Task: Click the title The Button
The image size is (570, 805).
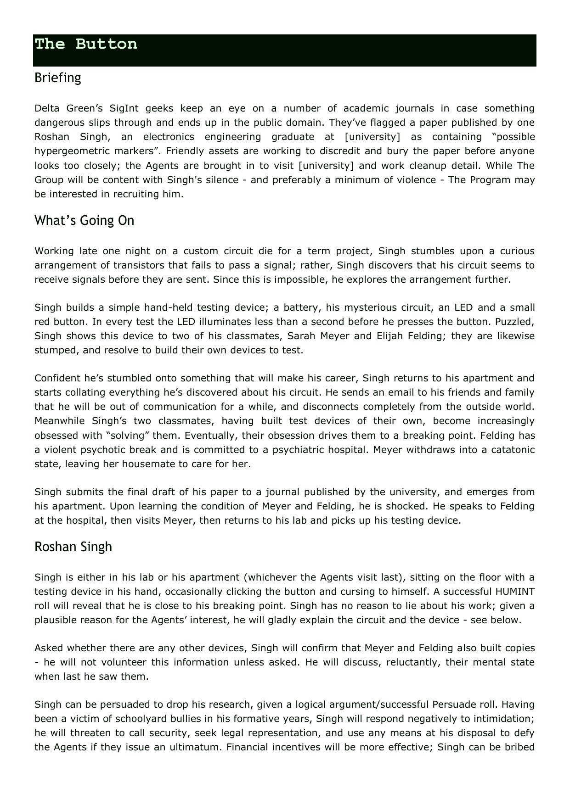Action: click(x=86, y=44)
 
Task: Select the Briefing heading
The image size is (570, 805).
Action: click(x=57, y=78)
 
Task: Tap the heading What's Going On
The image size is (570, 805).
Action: click(x=84, y=221)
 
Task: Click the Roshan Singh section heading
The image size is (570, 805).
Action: click(x=73, y=547)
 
